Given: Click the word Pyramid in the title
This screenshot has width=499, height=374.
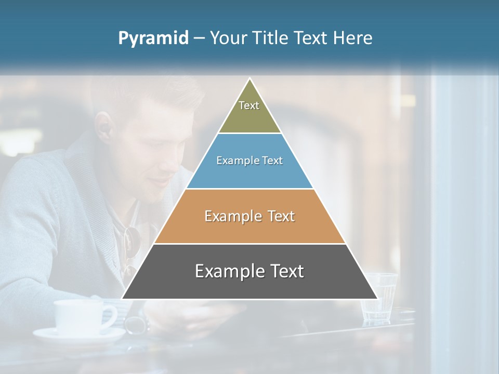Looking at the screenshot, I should pos(153,38).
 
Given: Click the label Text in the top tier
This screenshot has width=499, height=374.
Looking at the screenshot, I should pos(249,105).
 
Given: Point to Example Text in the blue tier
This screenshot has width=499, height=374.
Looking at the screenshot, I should pos(249,161).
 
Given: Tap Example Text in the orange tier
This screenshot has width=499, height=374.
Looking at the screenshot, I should pos(249,216).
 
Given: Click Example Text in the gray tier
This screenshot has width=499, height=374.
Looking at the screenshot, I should pos(249,271).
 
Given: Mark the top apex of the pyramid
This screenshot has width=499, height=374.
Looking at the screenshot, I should pos(250,79).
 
